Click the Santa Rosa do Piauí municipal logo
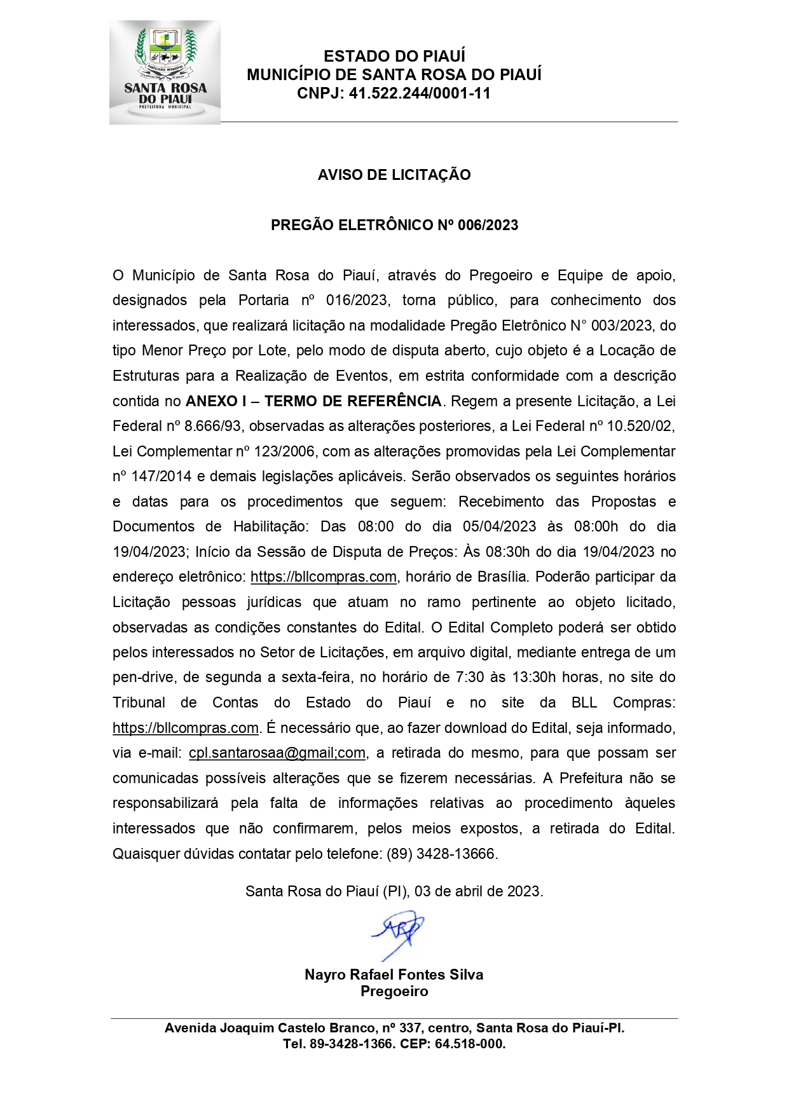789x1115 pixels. click(165, 72)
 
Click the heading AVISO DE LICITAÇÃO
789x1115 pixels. click(394, 175)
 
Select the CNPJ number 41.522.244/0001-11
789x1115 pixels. click(420, 93)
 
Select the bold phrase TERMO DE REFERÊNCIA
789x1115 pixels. click(353, 401)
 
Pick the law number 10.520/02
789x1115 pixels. click(640, 426)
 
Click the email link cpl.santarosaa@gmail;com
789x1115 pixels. click(277, 753)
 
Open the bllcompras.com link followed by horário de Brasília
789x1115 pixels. click(324, 577)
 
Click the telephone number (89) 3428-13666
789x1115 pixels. click(442, 854)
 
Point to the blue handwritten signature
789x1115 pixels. click(399, 933)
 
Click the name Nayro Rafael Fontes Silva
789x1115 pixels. click(394, 975)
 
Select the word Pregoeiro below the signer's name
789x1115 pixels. click(394, 991)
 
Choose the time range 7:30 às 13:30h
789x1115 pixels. click(507, 678)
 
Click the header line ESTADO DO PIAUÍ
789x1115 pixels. click(394, 56)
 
